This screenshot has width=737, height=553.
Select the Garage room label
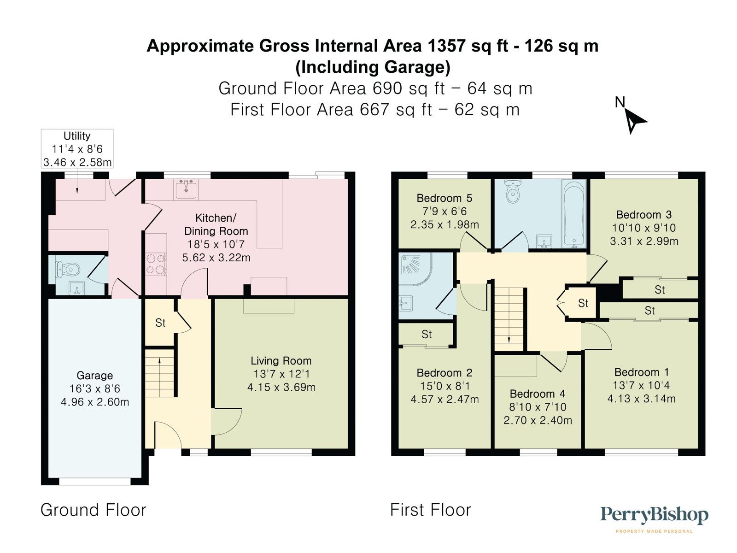coord(94,376)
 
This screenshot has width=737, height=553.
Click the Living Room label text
coord(281,361)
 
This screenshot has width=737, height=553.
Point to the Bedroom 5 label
coord(444,198)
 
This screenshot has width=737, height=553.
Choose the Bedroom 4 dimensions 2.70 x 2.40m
coord(538,420)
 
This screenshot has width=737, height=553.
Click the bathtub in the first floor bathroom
coord(573,214)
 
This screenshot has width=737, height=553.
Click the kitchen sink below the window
coord(186,189)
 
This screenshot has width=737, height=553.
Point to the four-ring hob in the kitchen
coord(156,265)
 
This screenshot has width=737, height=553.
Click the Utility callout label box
coord(77,148)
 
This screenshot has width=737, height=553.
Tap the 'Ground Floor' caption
coord(93,510)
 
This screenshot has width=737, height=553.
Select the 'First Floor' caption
coord(430,510)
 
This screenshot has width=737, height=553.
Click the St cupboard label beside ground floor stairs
coord(160,323)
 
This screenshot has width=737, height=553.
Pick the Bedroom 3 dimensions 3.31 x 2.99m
coord(643,241)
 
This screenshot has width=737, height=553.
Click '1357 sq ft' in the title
coord(468,46)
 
